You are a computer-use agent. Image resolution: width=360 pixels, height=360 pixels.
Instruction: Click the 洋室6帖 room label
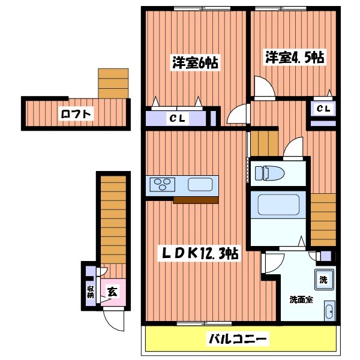click(x=195, y=63)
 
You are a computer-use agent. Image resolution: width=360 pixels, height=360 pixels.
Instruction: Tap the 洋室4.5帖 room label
click(x=295, y=58)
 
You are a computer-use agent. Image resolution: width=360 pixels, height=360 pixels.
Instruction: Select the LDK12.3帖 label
click(x=197, y=253)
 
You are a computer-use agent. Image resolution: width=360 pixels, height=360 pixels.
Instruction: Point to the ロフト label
click(x=76, y=113)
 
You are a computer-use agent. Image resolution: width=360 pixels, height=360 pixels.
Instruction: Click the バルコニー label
click(x=238, y=340)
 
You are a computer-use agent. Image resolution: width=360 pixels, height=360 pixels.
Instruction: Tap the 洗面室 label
click(x=301, y=299)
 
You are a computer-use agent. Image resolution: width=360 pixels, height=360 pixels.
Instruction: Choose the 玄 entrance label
click(x=112, y=292)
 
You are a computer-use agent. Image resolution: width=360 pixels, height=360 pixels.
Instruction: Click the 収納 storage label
click(x=91, y=292)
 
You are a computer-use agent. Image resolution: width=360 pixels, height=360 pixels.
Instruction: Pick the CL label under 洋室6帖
click(x=176, y=118)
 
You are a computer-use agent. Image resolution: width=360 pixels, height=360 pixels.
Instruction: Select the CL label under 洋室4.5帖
click(x=323, y=109)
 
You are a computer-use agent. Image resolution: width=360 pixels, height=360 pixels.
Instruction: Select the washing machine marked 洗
click(x=323, y=279)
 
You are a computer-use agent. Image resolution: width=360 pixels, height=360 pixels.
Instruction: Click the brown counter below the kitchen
click(x=196, y=200)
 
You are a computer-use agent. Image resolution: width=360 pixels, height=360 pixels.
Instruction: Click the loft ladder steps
click(x=113, y=83)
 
